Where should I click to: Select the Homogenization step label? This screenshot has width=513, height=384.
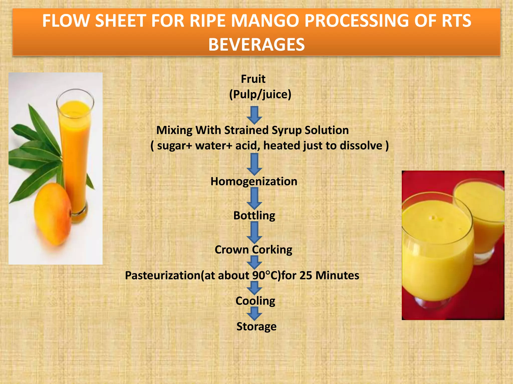click(254, 181)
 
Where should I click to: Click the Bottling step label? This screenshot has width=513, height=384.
click(254, 215)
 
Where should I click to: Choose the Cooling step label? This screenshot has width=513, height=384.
click(255, 301)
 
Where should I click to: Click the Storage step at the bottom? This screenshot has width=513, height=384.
click(256, 326)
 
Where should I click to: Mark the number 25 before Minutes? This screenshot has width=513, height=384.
click(306, 275)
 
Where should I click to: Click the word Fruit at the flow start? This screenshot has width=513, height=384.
click(253, 79)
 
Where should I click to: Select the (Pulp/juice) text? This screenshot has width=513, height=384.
click(260, 94)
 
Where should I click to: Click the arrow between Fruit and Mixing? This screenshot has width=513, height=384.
click(254, 115)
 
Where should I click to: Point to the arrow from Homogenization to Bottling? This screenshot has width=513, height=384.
click(254, 198)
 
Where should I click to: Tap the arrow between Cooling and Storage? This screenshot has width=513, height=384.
click(254, 313)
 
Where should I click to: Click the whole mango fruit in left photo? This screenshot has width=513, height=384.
click(53, 214)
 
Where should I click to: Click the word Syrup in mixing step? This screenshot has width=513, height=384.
click(286, 130)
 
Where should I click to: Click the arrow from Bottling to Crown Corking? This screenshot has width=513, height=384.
click(254, 232)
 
